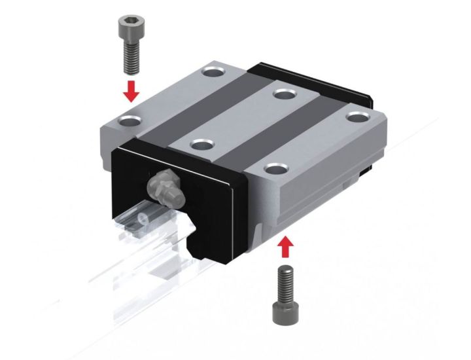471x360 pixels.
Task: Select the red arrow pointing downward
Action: click(x=132, y=91)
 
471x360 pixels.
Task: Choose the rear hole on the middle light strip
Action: click(x=283, y=94)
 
